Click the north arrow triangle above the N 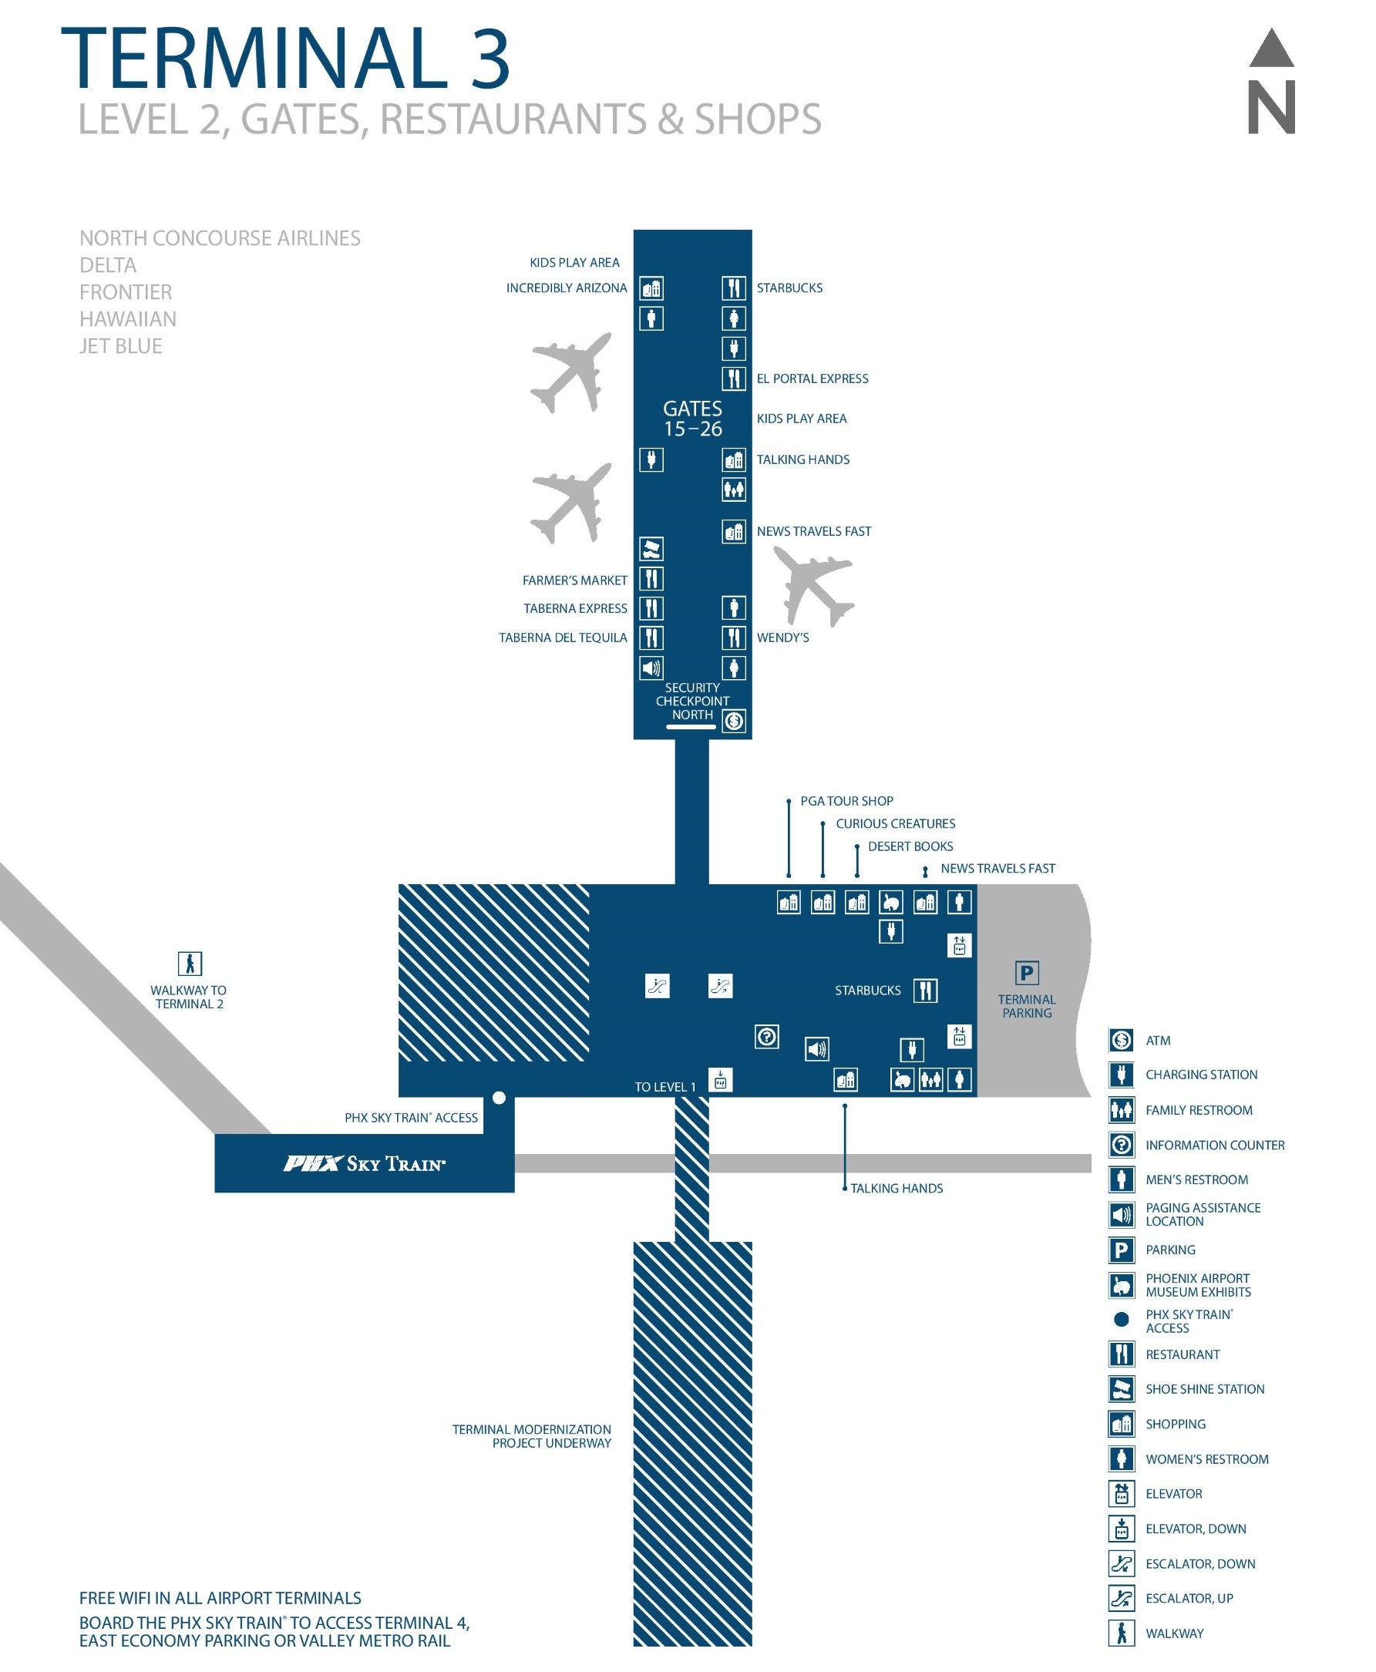[1270, 49]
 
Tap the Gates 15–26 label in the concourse [692, 418]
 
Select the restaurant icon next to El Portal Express [733, 378]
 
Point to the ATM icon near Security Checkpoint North [733, 720]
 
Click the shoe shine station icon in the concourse [651, 548]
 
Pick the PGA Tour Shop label [846, 800]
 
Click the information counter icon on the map [765, 1036]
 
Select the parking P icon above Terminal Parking [1026, 971]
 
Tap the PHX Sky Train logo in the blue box [364, 1162]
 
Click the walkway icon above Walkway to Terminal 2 [190, 963]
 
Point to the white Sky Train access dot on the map [499, 1097]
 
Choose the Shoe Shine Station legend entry [1204, 1388]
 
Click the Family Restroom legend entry [1198, 1109]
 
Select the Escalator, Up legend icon [1121, 1597]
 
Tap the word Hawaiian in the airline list [128, 318]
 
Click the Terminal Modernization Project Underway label [531, 1435]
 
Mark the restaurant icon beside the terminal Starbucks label [925, 990]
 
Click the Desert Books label [909, 846]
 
